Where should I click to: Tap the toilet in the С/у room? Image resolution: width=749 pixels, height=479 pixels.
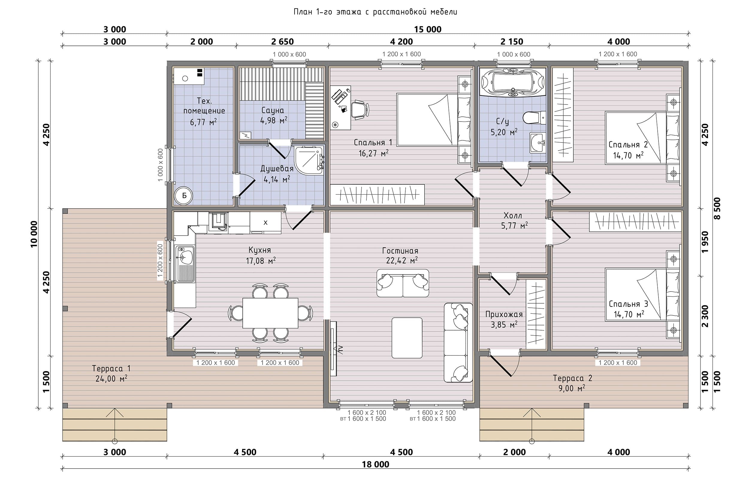point(534,118)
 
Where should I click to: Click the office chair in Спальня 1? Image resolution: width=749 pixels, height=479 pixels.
point(360,110)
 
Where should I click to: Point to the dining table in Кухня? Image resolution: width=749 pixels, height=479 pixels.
point(270,313)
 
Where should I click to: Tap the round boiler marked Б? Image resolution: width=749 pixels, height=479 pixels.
point(184,196)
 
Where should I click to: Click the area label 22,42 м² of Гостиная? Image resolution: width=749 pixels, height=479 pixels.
point(402,261)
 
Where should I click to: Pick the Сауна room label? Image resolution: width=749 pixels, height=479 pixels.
point(273,110)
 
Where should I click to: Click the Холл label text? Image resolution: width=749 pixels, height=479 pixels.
point(513,216)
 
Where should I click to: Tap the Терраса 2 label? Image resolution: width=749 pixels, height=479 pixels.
point(573,378)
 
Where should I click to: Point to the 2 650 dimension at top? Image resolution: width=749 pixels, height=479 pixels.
point(282,41)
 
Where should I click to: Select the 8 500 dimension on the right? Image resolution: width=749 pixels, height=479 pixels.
point(717,208)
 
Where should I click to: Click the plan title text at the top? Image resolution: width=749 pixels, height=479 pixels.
point(376,12)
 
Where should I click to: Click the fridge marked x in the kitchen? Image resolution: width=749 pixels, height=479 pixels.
point(265,222)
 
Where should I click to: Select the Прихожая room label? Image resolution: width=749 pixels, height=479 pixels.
point(504,314)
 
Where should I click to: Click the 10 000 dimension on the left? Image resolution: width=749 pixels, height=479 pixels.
point(34,234)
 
